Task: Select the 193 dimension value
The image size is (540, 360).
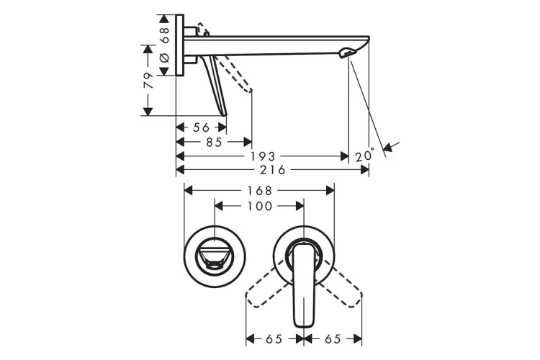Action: pyautogui.click(x=261, y=156)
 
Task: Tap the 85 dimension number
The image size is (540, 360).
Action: pyautogui.click(x=214, y=142)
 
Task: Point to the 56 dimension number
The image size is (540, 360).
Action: pyautogui.click(x=201, y=127)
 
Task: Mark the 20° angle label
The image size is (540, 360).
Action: pyautogui.click(x=365, y=156)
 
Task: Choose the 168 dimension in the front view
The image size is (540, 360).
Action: pyautogui.click(x=260, y=191)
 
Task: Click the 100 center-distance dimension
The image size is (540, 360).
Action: pyautogui.click(x=260, y=206)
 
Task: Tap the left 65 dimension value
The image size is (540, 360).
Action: pyautogui.click(x=274, y=338)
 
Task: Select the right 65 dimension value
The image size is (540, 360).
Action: pyautogui.click(x=332, y=338)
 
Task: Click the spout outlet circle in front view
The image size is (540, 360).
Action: pyautogui.click(x=215, y=258)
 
